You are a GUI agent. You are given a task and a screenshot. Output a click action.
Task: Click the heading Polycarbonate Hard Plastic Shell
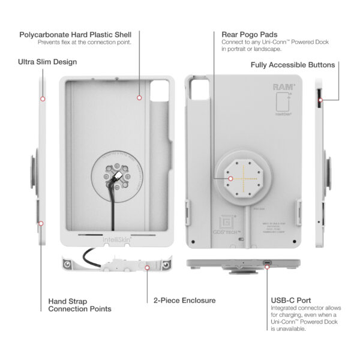tap(75, 34)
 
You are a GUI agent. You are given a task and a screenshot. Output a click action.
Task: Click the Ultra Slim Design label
tap(47, 62)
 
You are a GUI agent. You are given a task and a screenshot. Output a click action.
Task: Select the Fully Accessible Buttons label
tap(293, 64)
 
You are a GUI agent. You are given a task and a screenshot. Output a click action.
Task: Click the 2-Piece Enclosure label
tap(184, 300)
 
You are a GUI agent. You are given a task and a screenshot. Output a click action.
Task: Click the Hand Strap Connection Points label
tap(79, 305)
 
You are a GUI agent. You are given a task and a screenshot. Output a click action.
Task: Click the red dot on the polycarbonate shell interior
tap(139, 97)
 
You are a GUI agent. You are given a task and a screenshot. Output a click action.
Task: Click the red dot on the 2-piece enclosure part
tap(148, 269)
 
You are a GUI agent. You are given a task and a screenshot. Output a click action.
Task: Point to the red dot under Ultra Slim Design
tap(43, 98)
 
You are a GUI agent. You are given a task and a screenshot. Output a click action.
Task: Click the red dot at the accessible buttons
tap(321, 100)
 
